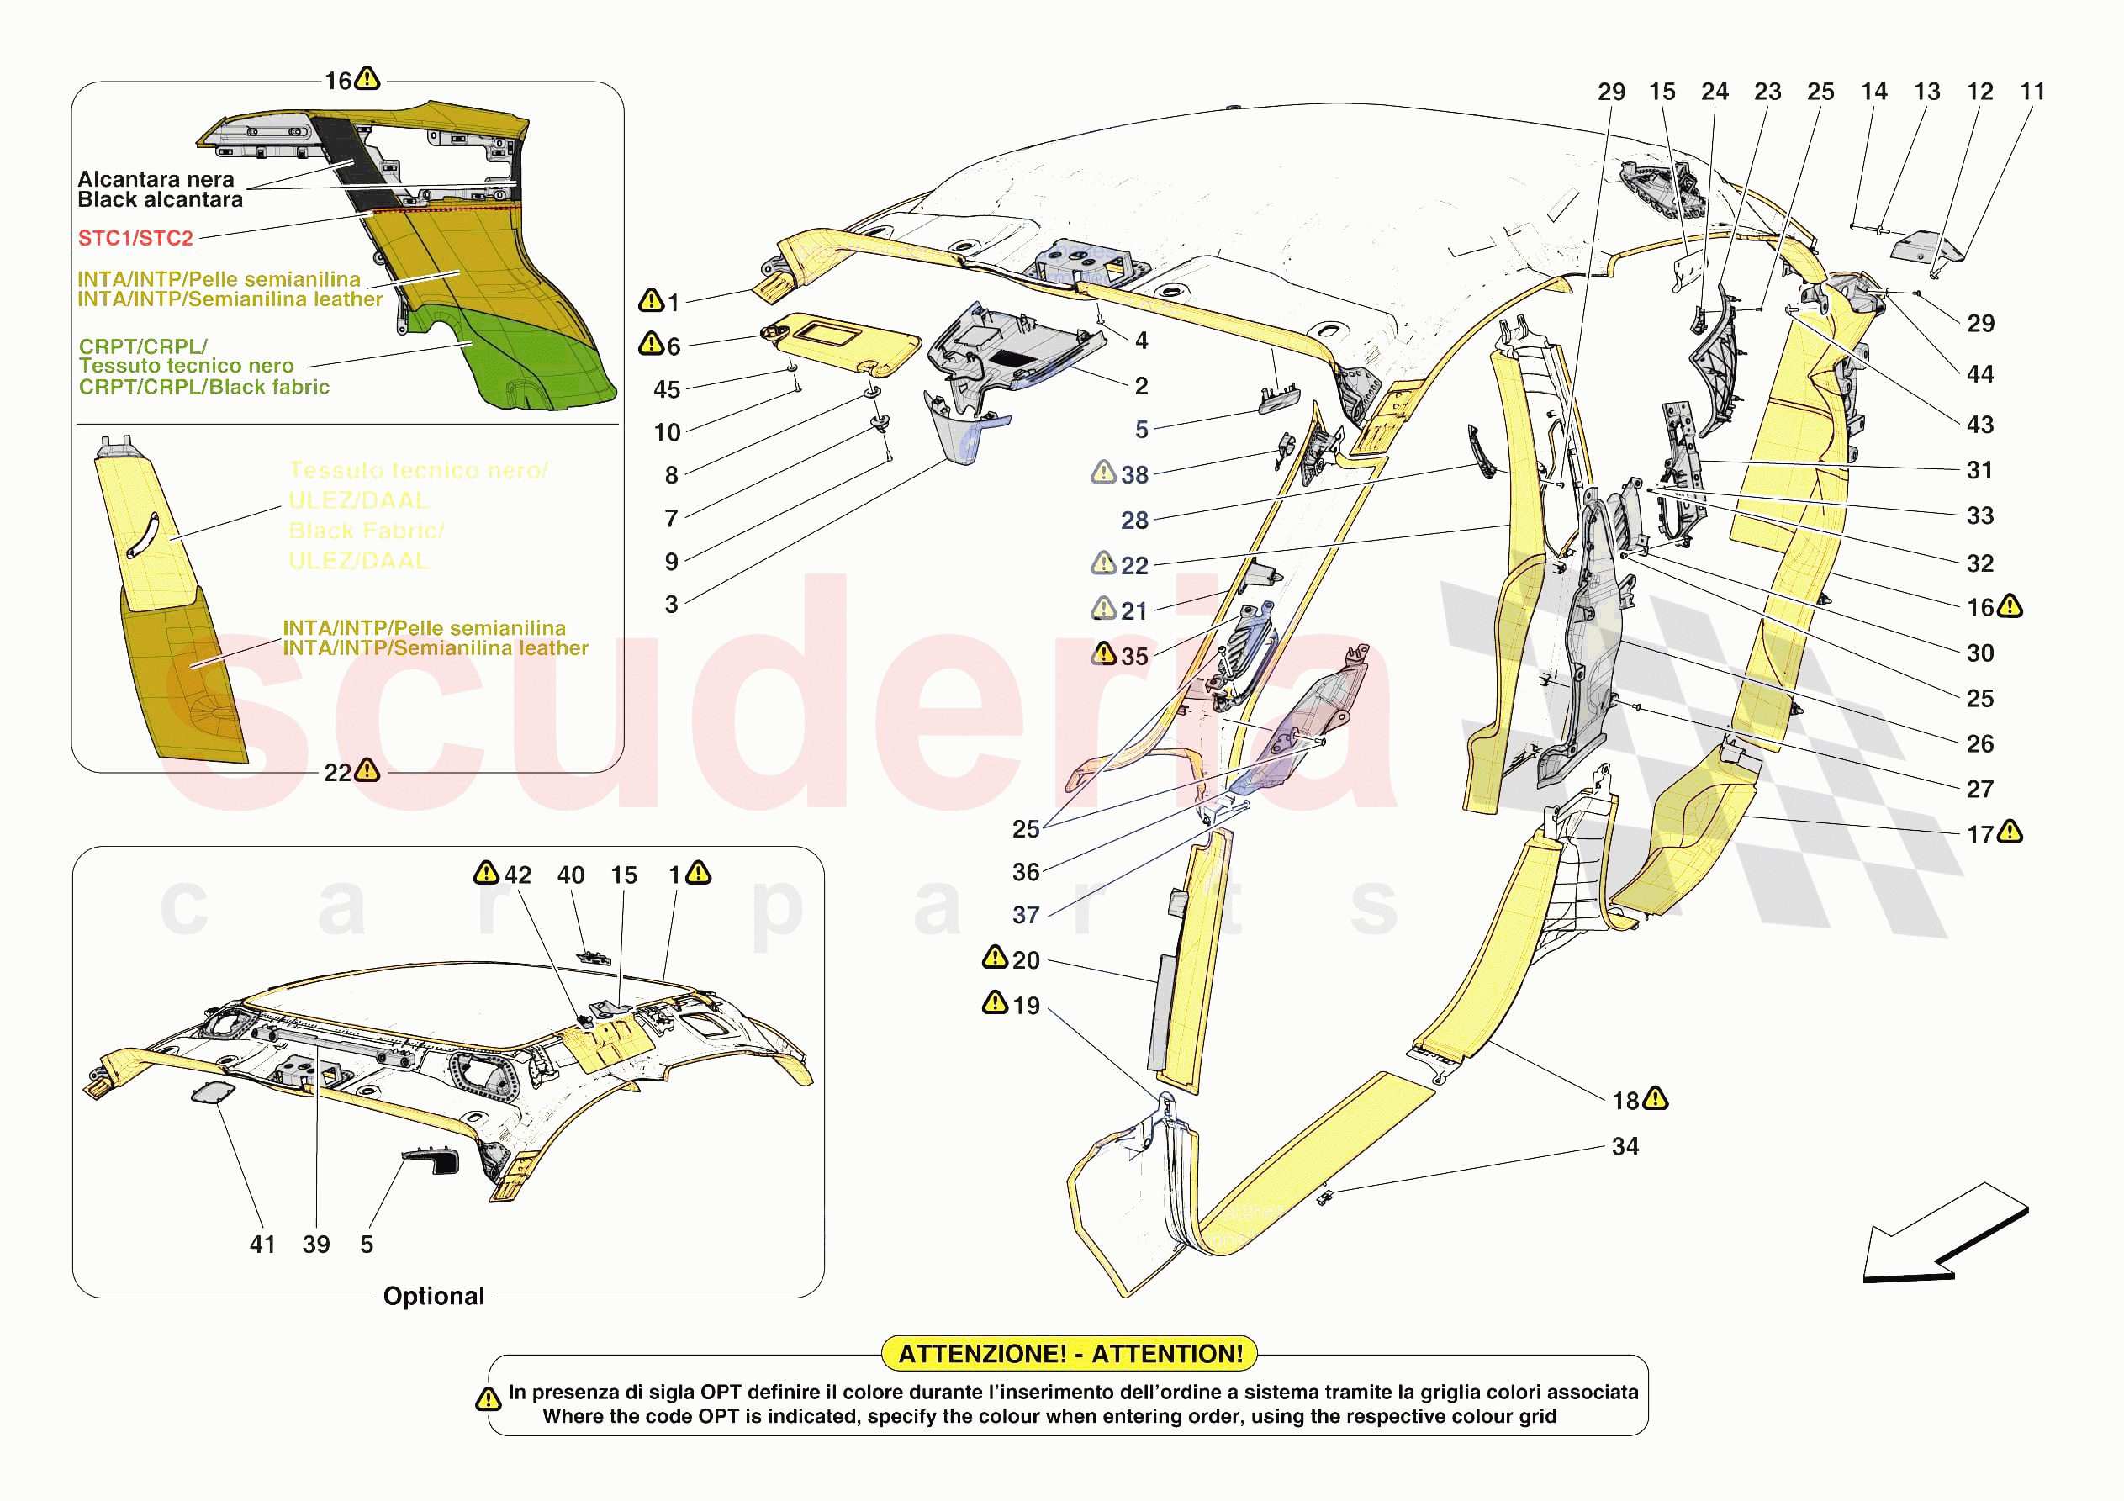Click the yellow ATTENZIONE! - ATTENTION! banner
click(1070, 1353)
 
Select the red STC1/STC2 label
click(135, 238)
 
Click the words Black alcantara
click(159, 200)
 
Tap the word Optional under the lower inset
click(433, 1296)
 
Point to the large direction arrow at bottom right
click(1942, 1235)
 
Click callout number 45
click(666, 389)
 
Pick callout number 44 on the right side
click(1979, 374)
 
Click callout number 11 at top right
click(2032, 92)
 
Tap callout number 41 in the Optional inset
click(262, 1244)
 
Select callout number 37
click(1025, 914)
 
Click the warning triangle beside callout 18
click(1656, 1098)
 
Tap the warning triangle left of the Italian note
click(488, 1399)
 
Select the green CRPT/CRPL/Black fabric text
click(203, 387)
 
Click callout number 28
click(1134, 520)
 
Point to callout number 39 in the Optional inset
click(315, 1244)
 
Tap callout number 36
click(1025, 872)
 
